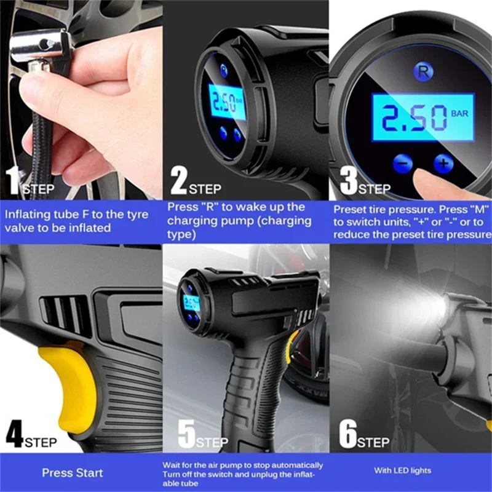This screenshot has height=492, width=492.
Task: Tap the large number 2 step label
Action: (178, 181)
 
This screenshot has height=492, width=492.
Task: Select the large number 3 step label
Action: (348, 181)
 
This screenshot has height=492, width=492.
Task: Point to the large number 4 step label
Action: (14, 435)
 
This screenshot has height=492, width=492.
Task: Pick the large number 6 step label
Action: (348, 435)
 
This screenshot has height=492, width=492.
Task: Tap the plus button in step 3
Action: (443, 164)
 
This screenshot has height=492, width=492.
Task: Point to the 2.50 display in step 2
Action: (227, 103)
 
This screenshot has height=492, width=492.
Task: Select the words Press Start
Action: (73, 473)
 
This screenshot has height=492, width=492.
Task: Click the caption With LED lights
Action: (403, 470)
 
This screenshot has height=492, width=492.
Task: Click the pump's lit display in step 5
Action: (191, 302)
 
